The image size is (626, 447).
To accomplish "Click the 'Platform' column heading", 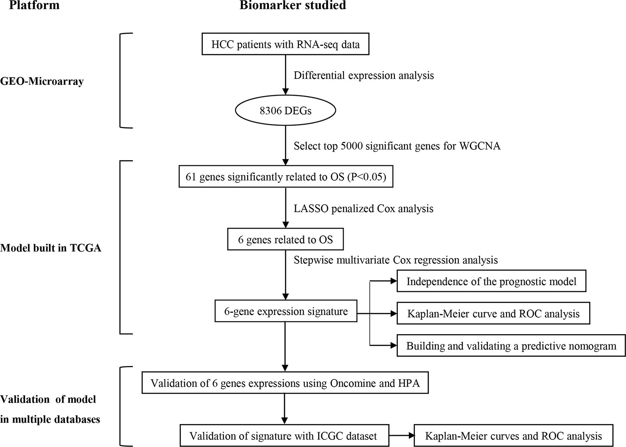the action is click(34, 5).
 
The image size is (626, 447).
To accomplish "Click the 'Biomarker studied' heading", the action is click(293, 5).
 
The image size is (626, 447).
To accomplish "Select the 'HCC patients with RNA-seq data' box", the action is click(285, 44).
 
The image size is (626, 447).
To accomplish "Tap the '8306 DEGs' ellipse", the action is click(285, 111).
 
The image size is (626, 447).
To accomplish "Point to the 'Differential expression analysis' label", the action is click(363, 75).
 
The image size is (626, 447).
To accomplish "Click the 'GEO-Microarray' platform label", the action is click(42, 81).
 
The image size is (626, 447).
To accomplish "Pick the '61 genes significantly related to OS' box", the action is click(286, 176).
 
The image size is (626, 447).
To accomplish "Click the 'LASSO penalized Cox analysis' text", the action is click(363, 209).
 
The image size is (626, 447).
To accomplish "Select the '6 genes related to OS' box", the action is click(285, 239).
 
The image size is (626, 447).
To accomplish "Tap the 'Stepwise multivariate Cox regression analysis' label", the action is click(396, 260).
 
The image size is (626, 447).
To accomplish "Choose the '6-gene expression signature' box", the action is click(286, 311).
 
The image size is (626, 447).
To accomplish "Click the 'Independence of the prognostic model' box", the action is click(491, 281).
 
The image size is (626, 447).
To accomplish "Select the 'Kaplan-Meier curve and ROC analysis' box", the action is click(493, 313).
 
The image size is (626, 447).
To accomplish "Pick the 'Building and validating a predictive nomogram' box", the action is click(511, 345).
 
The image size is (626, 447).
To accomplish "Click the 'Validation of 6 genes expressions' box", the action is click(285, 383).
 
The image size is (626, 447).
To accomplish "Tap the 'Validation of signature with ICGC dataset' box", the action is click(285, 436).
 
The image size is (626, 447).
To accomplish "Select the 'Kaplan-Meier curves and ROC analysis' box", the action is click(513, 436).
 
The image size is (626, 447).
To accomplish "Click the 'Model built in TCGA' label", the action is click(50, 248).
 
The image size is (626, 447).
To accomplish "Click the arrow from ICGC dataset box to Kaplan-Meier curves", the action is click(401, 435).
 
